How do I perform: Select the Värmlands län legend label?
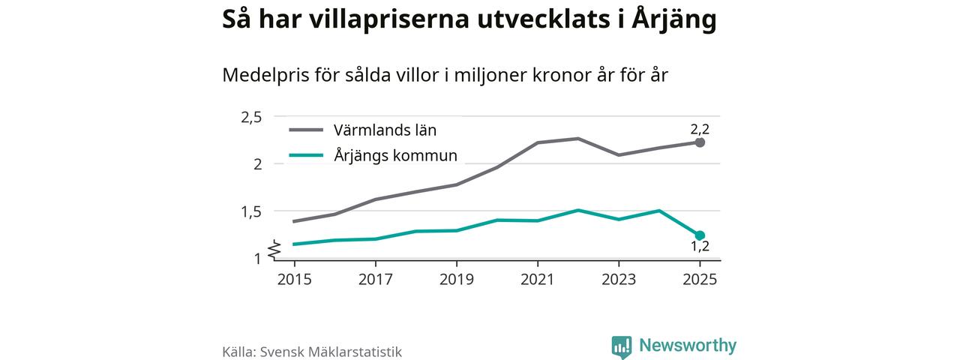coord(385,130)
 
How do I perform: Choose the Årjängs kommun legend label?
coord(395,156)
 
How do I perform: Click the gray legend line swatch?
coord(306,130)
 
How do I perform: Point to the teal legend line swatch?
coord(306,156)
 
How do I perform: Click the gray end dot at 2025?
coord(700,142)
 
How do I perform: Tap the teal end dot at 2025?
coord(700,235)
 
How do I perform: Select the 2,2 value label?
coord(700,128)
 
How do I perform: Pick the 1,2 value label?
coord(700,247)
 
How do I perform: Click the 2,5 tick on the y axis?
coord(250,117)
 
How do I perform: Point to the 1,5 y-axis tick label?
coord(250,211)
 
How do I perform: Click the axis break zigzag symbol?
coord(275,247)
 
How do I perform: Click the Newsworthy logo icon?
coord(621,346)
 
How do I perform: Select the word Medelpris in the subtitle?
coord(259,76)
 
